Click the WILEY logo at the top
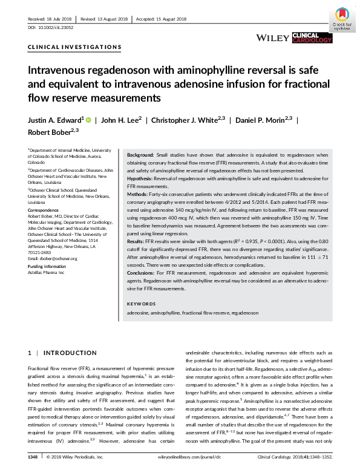(x=272, y=38)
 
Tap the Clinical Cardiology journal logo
(x=312, y=38)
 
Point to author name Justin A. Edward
(x=56, y=120)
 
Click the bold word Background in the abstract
(x=140, y=155)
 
